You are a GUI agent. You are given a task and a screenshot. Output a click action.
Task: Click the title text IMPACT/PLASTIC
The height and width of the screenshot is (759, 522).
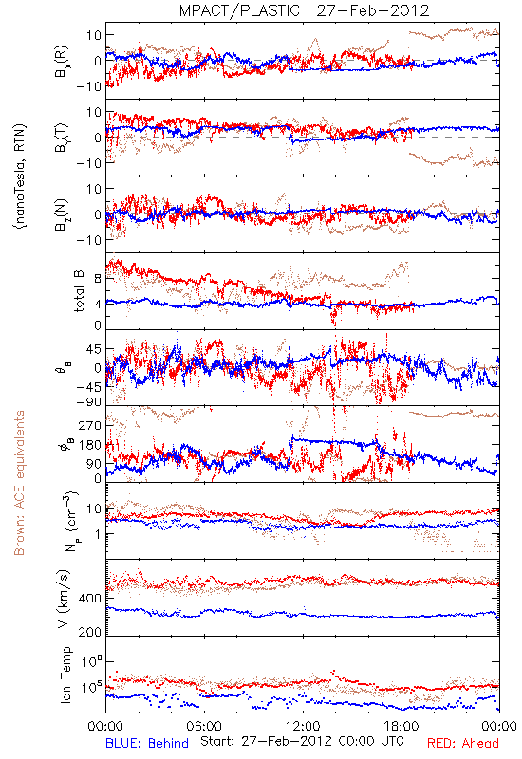point(237,10)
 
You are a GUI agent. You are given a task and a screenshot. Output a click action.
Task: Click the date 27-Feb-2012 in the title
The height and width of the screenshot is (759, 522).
point(373,10)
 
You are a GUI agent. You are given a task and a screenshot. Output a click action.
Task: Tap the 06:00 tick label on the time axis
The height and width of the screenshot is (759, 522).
point(204,726)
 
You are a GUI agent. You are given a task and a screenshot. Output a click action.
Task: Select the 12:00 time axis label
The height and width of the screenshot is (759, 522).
point(303,726)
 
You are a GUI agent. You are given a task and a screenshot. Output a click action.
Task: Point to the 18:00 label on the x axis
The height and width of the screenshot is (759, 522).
point(401,726)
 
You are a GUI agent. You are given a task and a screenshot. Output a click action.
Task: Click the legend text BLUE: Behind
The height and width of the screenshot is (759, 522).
point(147,743)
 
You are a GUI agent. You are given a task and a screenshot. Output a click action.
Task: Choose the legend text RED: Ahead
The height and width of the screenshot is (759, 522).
point(463,743)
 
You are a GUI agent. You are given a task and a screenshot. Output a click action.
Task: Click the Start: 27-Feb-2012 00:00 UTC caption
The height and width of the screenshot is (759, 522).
point(302,741)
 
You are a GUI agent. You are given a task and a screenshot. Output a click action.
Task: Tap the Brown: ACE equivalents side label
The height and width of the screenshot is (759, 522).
point(19,483)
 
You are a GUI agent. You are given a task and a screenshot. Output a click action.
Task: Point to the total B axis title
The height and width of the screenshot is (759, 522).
point(79,291)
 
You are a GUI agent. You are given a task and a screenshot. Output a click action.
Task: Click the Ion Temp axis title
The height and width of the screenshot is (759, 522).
point(65,675)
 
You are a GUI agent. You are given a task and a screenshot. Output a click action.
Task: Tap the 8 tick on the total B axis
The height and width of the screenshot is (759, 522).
point(98,279)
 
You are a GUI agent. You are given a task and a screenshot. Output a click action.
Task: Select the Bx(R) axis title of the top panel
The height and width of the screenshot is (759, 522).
point(62,61)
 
